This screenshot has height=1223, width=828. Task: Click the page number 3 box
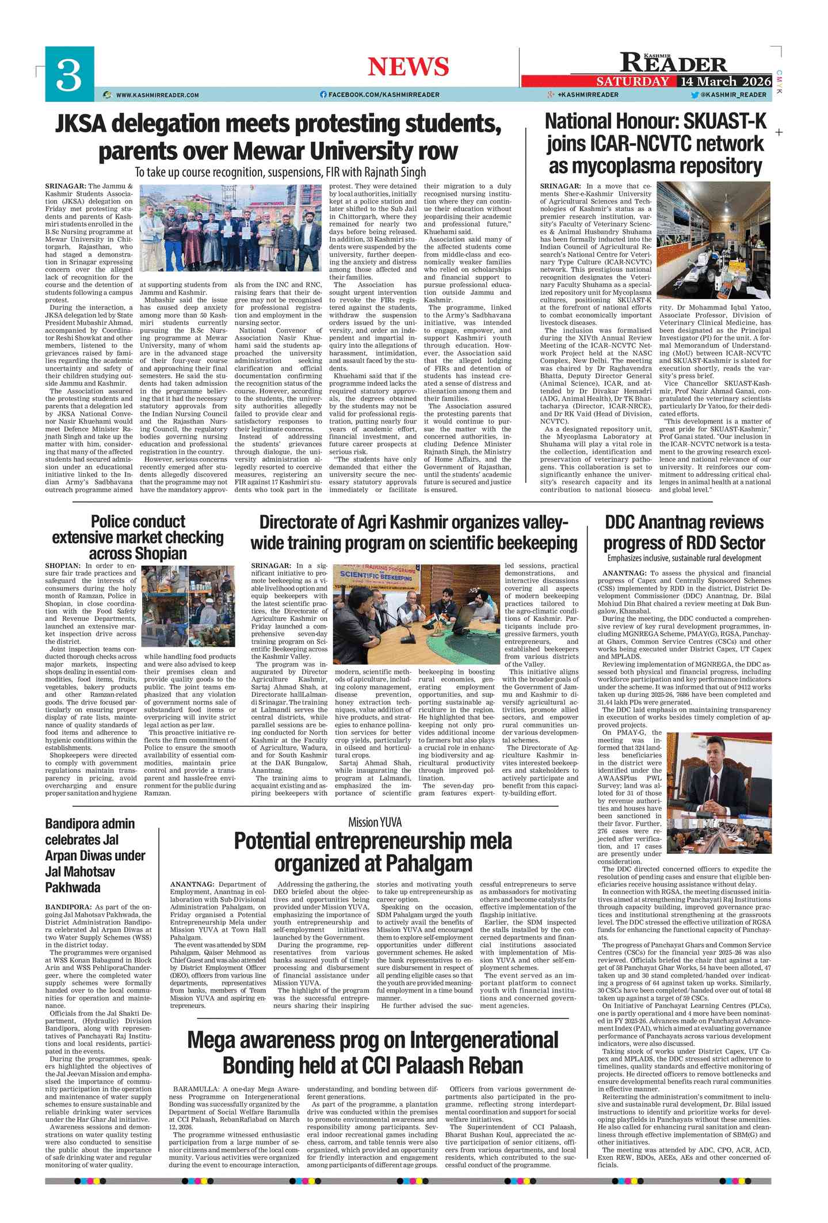click(70, 74)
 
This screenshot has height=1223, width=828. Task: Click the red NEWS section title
click(408, 67)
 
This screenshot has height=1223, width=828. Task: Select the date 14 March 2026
click(725, 81)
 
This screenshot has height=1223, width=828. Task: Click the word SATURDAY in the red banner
click(633, 81)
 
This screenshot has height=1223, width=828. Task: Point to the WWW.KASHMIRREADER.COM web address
click(157, 95)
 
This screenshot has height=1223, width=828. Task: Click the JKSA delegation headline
click(278, 137)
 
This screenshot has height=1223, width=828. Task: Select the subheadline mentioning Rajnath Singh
click(280, 172)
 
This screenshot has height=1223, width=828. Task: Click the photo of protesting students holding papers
click(230, 227)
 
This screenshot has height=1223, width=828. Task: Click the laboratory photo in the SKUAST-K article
click(713, 240)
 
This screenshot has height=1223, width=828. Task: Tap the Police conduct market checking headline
click(138, 537)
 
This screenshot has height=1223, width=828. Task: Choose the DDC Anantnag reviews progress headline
click(684, 532)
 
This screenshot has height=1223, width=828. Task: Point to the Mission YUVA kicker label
click(375, 822)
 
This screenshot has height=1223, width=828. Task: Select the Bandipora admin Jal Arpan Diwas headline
click(95, 855)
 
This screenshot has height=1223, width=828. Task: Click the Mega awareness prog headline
click(373, 1052)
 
